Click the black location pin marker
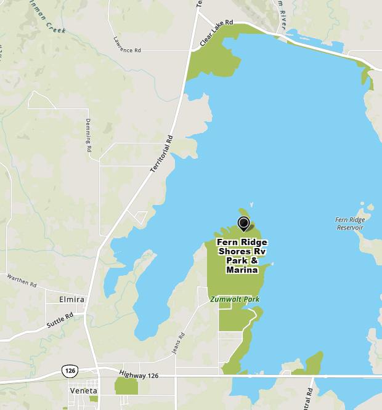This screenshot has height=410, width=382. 243,223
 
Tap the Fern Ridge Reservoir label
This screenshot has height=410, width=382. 349,223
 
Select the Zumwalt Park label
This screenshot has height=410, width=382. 234,299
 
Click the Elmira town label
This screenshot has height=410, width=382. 71,300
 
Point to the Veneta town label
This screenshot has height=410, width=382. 80,390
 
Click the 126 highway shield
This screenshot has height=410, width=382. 68,371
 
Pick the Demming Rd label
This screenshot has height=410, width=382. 89,135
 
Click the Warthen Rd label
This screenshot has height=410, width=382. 22,281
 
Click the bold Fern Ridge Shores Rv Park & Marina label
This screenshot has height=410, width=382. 242,256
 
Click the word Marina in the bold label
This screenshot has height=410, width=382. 242,270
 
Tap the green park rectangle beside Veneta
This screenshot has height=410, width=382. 126,386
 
